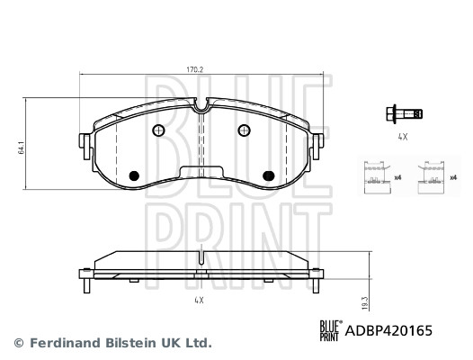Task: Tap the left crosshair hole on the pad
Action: tap(159, 130)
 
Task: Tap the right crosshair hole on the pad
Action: tap(244, 130)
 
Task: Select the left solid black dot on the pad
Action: tap(135, 175)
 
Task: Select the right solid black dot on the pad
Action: tap(267, 175)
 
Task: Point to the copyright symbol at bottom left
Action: tap(17, 343)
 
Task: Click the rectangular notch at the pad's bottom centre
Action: tap(201, 173)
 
